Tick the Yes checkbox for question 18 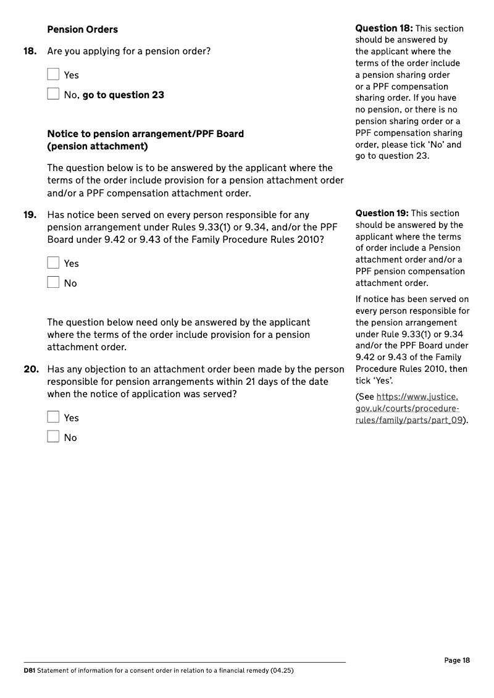pos(53,75)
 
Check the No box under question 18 pos(53,95)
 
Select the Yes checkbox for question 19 pos(53,263)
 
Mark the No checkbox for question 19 pos(53,283)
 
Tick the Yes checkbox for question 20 pos(53,418)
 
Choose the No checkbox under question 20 pos(53,437)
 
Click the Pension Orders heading pos(82,30)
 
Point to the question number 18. pos(30,51)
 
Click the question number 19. pos(30,215)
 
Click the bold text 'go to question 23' pos(123,95)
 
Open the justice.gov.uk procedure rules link pos(409,409)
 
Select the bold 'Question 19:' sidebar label pos(382,213)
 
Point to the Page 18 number pos(457,660)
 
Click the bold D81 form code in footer pos(29,670)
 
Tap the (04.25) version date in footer pos(282,670)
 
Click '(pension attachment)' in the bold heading pos(97,146)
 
